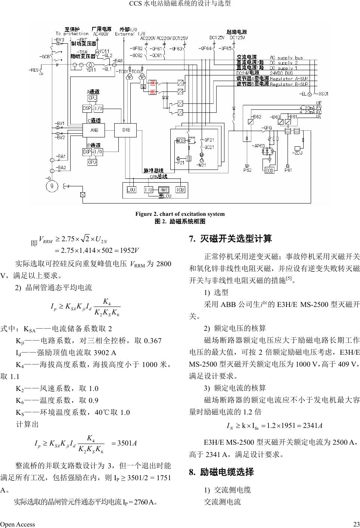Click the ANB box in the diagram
tap(94, 130)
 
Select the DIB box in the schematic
tap(126, 130)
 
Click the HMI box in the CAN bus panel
tap(164, 190)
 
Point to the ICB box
tap(180, 190)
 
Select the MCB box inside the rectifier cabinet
tap(181, 141)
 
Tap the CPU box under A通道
tap(92, 98)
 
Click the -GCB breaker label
tap(44, 57)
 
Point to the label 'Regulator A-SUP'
tap(289, 79)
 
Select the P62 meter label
tap(247, 170)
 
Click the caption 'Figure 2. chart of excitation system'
tap(180, 214)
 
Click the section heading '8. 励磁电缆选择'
tap(221, 472)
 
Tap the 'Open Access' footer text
tap(18, 524)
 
